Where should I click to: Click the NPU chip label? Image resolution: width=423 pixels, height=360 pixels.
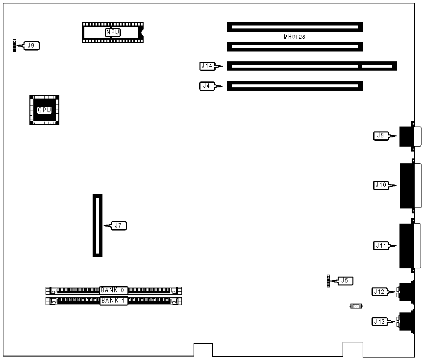pyautogui.click(x=112, y=32)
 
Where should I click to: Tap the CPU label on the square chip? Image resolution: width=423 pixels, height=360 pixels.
pyautogui.click(x=44, y=110)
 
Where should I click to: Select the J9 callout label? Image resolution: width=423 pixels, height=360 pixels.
pyautogui.click(x=31, y=46)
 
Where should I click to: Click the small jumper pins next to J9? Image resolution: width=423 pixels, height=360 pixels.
pyautogui.click(x=15, y=46)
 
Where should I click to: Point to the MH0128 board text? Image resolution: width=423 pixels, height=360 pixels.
pyautogui.click(x=295, y=37)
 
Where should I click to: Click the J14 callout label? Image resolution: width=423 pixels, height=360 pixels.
pyautogui.click(x=206, y=65)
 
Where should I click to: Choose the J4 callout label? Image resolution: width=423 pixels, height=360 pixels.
pyautogui.click(x=206, y=86)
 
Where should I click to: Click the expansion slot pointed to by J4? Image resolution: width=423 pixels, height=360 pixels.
pyautogui.click(x=295, y=86)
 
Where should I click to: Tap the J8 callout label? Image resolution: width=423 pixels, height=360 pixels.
pyautogui.click(x=380, y=135)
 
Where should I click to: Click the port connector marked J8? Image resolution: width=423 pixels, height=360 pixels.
pyautogui.click(x=409, y=136)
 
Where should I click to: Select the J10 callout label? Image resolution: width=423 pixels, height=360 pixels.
pyautogui.click(x=381, y=185)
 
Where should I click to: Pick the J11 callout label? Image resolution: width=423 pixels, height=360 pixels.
pyautogui.click(x=381, y=245)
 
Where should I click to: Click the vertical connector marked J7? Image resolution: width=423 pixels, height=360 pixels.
pyautogui.click(x=98, y=225)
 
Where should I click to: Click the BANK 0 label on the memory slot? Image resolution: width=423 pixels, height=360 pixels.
pyautogui.click(x=113, y=290)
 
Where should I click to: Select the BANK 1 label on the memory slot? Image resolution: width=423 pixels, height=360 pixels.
pyautogui.click(x=113, y=300)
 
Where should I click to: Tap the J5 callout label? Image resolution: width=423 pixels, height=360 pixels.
pyautogui.click(x=345, y=281)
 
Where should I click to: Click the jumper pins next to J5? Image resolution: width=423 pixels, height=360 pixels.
pyautogui.click(x=328, y=281)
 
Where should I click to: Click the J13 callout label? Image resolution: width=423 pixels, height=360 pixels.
pyautogui.click(x=379, y=322)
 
